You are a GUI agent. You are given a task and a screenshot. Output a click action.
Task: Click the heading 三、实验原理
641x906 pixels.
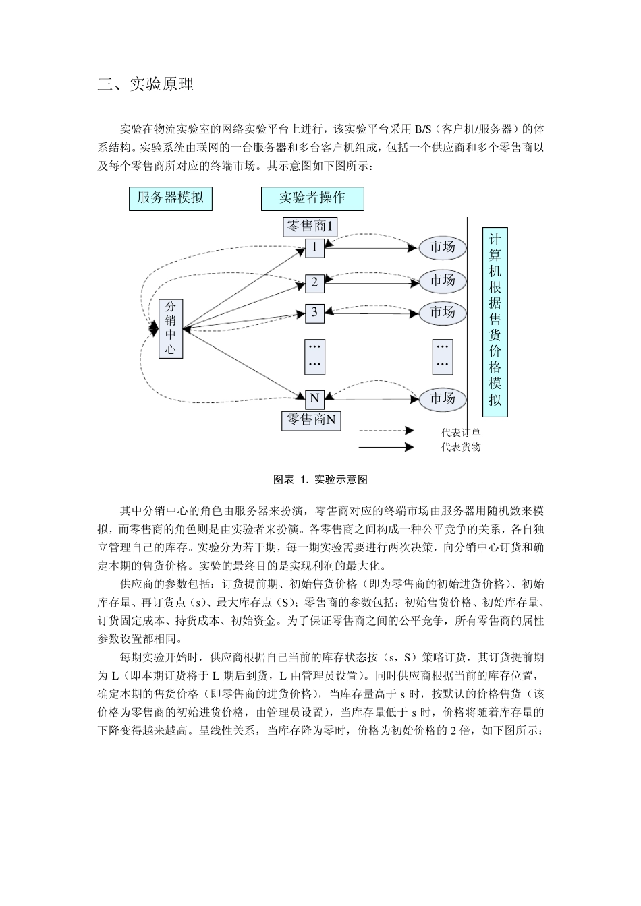point(146,84)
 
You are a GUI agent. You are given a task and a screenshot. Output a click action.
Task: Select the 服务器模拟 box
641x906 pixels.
point(170,198)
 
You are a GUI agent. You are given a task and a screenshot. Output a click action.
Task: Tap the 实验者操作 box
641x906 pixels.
point(312,198)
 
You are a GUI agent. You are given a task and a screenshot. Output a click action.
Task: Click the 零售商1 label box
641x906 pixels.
point(310,226)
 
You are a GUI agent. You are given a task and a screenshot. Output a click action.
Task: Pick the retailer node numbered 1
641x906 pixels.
point(314,247)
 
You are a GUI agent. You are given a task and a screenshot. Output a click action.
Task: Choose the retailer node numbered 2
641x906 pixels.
point(314,282)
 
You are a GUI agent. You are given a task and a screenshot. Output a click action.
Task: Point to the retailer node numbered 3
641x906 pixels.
point(314,312)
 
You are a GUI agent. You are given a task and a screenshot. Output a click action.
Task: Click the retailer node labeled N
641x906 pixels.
point(314,398)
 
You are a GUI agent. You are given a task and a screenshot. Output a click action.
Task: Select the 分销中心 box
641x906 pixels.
point(171,328)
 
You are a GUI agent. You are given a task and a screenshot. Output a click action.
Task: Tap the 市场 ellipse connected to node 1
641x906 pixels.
point(443,247)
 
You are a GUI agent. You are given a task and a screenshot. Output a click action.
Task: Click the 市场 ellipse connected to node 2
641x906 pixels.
point(443,280)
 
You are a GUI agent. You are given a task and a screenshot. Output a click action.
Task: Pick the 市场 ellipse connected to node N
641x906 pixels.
point(443,398)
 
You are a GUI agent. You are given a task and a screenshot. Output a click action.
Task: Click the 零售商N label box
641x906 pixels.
point(311,420)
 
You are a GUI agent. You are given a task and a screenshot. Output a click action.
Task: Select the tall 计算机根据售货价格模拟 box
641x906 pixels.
point(495,322)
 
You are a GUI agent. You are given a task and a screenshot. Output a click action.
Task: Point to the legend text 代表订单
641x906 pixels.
point(461,433)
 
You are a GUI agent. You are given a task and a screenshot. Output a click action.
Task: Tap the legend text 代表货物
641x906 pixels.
point(461,446)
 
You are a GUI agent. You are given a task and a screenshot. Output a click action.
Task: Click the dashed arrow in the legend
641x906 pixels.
point(386,430)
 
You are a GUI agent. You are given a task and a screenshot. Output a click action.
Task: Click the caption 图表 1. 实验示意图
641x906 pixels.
point(320,479)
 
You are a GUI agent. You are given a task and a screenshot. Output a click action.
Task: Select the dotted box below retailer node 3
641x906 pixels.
point(315,355)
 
